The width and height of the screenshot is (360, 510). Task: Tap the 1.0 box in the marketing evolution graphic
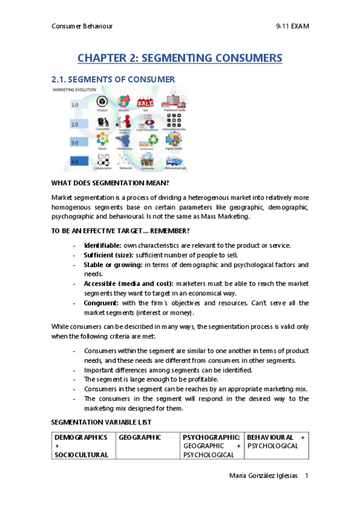(75, 105)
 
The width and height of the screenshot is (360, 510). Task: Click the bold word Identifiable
(102, 245)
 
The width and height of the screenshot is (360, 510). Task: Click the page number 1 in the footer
(307, 476)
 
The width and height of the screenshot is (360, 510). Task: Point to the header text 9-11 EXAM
(292, 26)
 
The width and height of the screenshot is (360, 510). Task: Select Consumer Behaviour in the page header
(82, 26)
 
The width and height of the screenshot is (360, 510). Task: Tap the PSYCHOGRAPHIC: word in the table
(212, 437)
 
